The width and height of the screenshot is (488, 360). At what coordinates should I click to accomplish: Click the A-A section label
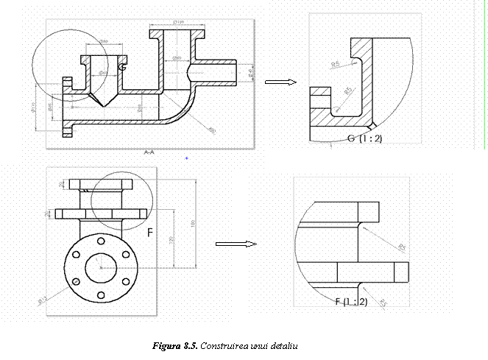[x=149, y=152]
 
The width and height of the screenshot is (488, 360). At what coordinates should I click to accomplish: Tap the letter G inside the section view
[x=122, y=68]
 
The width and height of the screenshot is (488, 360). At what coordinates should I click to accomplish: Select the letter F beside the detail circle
[x=150, y=233]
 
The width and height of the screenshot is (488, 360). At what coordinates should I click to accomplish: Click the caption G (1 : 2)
[x=365, y=138]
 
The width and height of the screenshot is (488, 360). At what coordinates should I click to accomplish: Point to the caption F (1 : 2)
[x=352, y=302]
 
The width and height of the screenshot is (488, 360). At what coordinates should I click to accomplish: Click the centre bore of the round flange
[x=98, y=268]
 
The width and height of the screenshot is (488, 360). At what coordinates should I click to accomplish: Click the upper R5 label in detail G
[x=336, y=65]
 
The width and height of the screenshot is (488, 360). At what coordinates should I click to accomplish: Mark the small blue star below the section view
[x=187, y=158]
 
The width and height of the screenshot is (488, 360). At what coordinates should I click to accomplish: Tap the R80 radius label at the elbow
[x=212, y=130]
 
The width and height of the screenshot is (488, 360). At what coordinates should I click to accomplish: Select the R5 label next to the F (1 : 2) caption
[x=382, y=303]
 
